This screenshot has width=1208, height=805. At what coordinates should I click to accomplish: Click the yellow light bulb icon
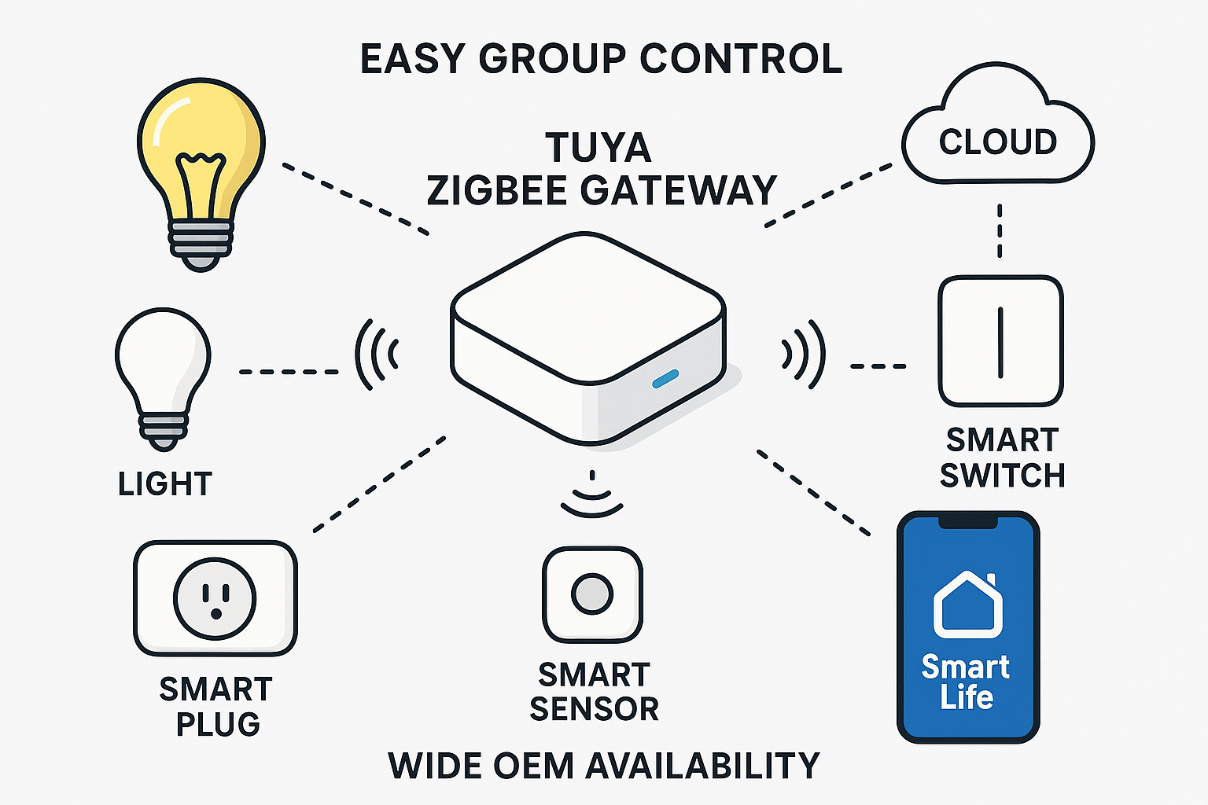(201, 157)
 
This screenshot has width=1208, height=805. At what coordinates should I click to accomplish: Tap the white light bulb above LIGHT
(163, 362)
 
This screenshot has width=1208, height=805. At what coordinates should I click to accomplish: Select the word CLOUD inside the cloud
(998, 142)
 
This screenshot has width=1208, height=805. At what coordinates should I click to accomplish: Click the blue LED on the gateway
(665, 379)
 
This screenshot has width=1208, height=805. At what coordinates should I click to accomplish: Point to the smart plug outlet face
(215, 598)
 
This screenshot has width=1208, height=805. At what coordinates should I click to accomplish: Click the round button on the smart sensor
(592, 594)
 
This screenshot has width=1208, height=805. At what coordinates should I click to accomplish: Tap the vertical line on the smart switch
(1000, 341)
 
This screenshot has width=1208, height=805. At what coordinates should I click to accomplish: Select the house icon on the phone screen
(967, 605)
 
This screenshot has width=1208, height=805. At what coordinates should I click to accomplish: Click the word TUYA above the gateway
(598, 148)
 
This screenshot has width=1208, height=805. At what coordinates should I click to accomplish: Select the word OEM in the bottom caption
(534, 766)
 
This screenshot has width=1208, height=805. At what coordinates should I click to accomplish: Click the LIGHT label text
(165, 484)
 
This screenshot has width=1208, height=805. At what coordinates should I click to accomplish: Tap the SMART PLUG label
(216, 706)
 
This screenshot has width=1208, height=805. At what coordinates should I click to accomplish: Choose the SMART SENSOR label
(594, 692)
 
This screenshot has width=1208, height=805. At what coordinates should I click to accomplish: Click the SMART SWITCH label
(1002, 458)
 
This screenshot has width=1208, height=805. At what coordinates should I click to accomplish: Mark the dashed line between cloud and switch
(1000, 230)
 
